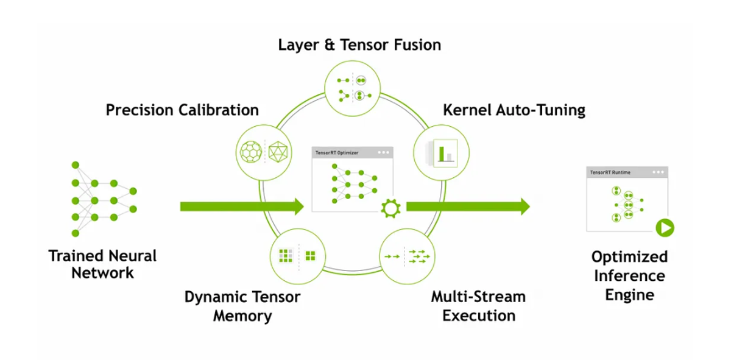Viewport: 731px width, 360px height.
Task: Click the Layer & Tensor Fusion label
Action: (x=359, y=45)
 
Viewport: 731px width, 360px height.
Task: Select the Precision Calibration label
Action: (x=182, y=110)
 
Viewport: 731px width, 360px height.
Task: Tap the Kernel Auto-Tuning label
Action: (x=514, y=110)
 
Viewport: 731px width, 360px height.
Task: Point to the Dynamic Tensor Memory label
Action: (x=242, y=306)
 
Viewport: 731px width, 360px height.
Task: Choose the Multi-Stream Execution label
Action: (x=478, y=306)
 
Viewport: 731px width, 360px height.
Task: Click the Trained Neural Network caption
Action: (x=102, y=264)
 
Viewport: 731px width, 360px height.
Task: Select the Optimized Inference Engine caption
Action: (x=629, y=275)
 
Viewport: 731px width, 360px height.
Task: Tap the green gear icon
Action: (x=389, y=208)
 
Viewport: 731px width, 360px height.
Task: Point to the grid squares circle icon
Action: (x=298, y=256)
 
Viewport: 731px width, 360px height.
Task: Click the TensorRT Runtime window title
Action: (x=610, y=172)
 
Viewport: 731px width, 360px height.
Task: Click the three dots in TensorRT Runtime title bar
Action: (x=658, y=172)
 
